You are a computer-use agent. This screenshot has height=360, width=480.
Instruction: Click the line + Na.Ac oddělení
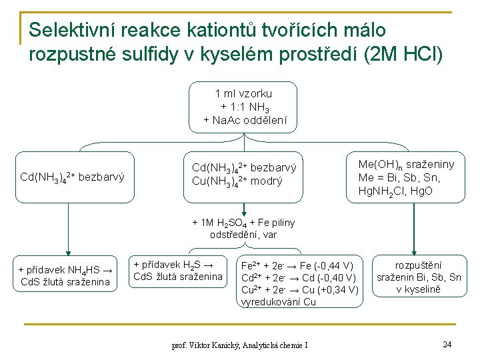click(245, 120)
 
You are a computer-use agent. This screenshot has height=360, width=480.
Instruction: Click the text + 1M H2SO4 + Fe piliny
click(243, 223)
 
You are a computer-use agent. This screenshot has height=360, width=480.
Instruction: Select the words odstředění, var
click(243, 235)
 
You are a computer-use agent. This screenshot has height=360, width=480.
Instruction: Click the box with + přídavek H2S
click(178, 270)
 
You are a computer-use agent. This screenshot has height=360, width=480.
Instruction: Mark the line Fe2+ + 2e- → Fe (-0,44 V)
click(297, 265)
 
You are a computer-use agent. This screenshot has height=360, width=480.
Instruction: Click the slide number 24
click(447, 344)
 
